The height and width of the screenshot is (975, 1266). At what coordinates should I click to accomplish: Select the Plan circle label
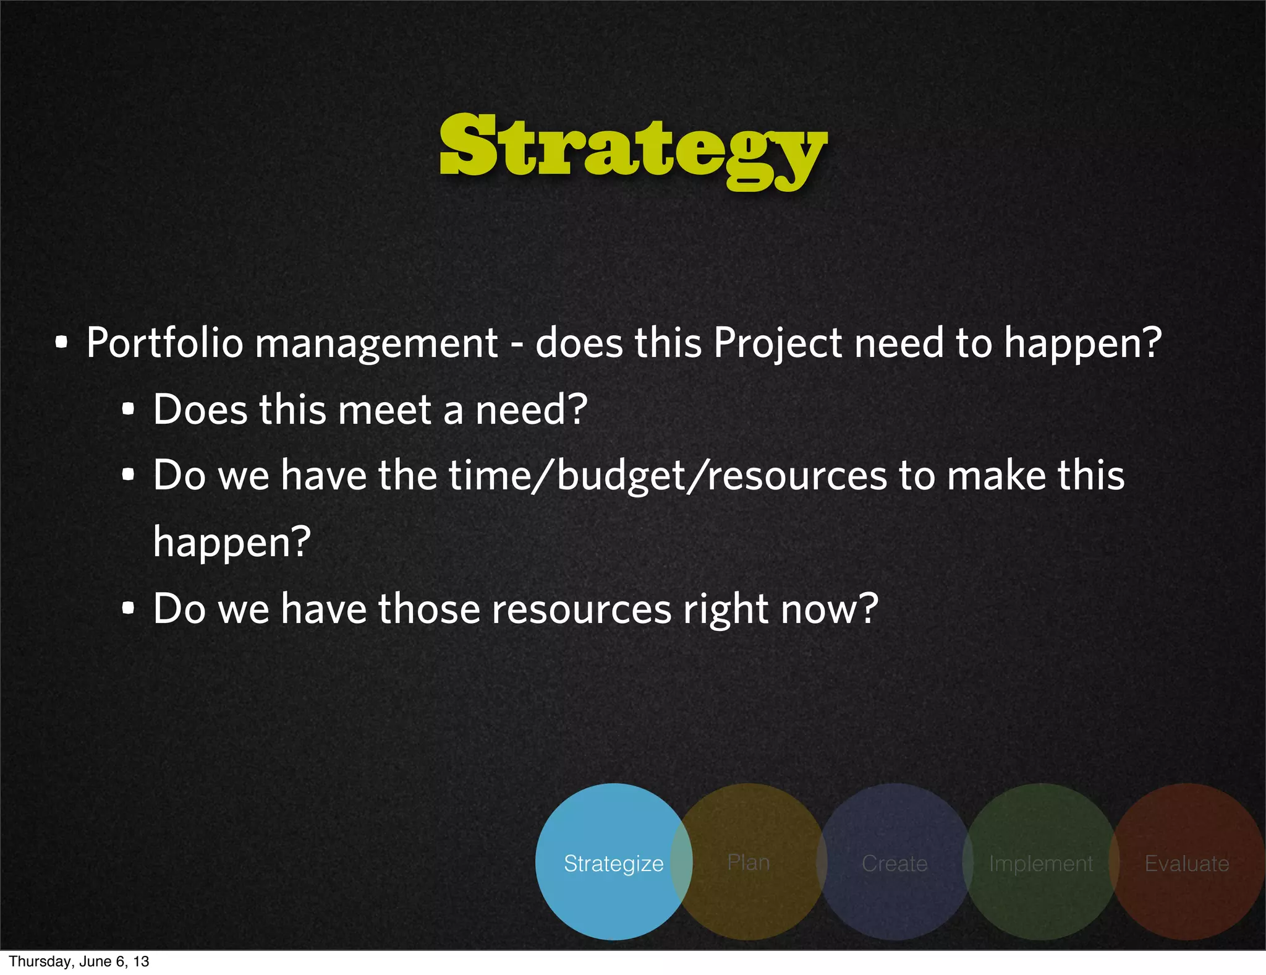coord(748,862)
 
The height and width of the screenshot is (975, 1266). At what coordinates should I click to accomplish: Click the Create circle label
coord(894,863)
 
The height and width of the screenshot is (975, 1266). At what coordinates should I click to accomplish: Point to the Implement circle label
coord(1040,863)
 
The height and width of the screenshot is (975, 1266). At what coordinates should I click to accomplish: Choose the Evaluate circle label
coord(1186,863)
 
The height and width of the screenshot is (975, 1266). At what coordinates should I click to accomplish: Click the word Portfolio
coord(164,343)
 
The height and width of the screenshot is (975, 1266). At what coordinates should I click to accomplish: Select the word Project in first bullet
coord(777,343)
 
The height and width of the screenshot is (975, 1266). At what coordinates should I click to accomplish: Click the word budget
coord(621,476)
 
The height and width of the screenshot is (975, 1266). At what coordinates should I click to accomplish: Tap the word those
coord(429,609)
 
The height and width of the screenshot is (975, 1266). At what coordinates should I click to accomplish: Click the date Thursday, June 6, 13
coord(79,961)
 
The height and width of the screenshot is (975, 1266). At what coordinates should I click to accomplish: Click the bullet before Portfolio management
coord(61,343)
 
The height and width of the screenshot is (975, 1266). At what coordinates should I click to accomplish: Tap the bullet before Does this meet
coord(128,410)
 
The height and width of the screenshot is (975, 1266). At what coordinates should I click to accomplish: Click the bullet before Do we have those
coord(128,609)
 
